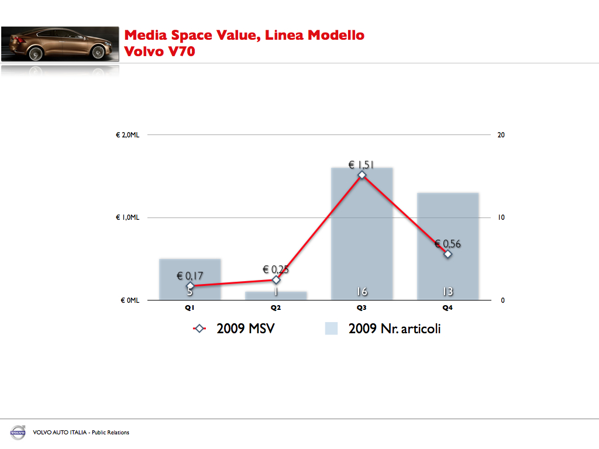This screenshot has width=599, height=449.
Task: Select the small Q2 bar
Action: (x=276, y=296)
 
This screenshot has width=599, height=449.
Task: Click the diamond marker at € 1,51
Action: (x=362, y=175)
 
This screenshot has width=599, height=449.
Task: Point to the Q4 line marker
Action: (x=448, y=254)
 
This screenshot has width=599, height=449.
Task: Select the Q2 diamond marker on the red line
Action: (x=276, y=279)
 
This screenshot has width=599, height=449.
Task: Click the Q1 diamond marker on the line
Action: (x=190, y=286)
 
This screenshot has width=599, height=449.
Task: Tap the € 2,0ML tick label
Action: (x=127, y=135)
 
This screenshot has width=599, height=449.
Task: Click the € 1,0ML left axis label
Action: (x=127, y=217)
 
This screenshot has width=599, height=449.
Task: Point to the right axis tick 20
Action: (x=501, y=135)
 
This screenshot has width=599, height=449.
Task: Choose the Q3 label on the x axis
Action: (x=362, y=308)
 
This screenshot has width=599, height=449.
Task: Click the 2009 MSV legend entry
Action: (x=234, y=329)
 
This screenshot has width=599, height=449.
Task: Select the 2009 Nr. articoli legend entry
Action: (x=383, y=329)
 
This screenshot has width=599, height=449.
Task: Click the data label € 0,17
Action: (x=190, y=275)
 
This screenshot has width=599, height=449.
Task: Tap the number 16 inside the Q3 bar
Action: (x=362, y=292)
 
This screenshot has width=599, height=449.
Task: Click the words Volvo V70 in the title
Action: (x=160, y=51)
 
